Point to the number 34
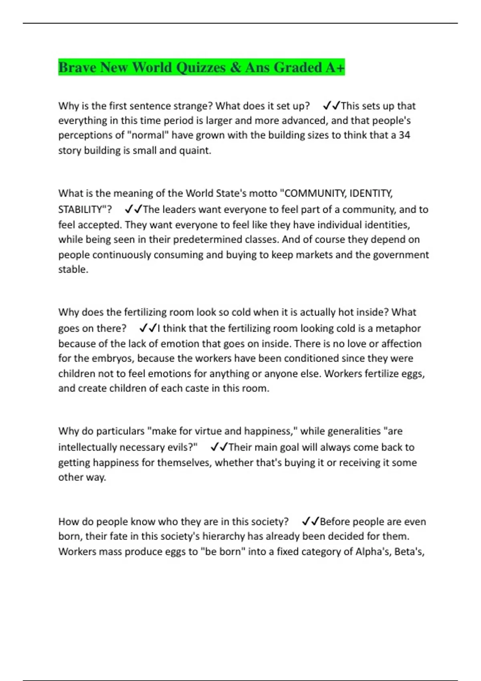pyautogui.click(x=404, y=135)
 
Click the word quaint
pyautogui.click(x=198, y=151)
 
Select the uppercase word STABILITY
pyautogui.click(x=82, y=210)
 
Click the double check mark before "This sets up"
pyautogui.click(x=331, y=106)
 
